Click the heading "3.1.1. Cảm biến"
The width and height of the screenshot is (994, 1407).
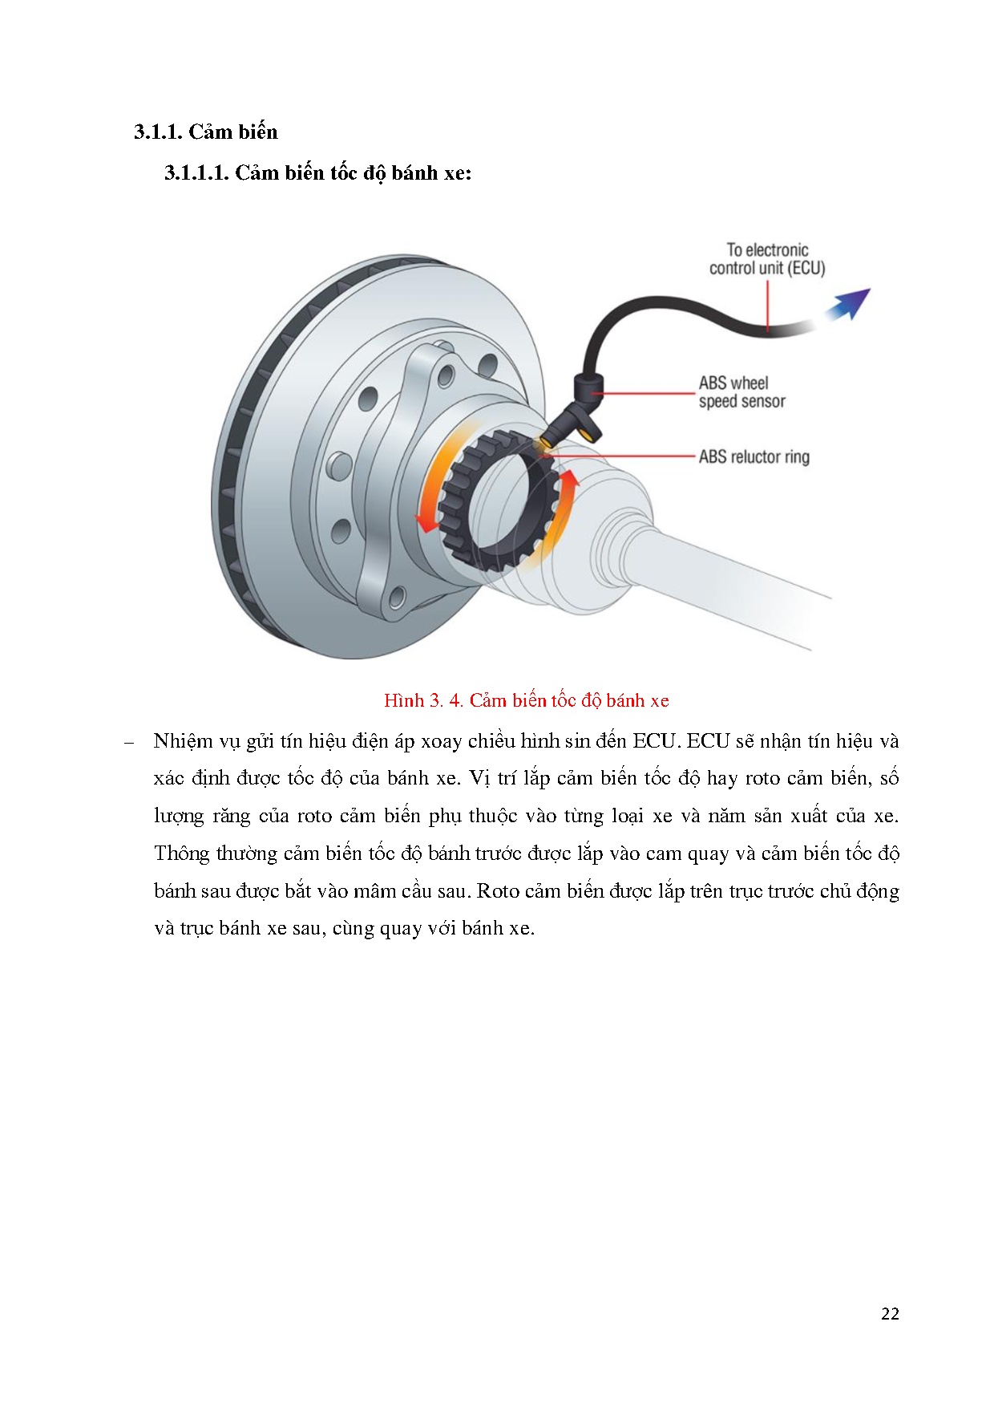click(x=205, y=132)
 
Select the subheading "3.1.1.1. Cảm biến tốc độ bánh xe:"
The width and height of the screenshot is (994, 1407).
click(x=317, y=173)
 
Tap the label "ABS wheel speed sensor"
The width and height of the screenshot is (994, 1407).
click(x=741, y=392)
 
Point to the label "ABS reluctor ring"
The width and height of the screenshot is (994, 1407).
click(x=754, y=457)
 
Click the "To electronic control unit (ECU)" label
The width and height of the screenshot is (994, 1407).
click(x=766, y=259)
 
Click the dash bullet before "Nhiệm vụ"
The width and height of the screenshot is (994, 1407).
click(x=128, y=742)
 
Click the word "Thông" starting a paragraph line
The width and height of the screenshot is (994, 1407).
click(x=181, y=854)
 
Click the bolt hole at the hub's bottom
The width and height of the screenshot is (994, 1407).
click(x=396, y=598)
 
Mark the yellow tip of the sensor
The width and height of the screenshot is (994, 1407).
click(x=545, y=442)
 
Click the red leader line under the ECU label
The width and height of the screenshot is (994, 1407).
click(x=767, y=304)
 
